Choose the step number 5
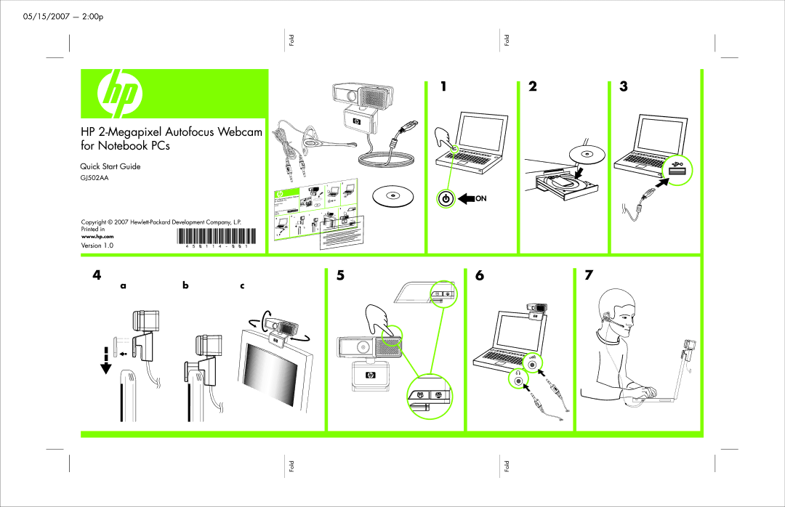339,275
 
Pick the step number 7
589,275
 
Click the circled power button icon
446,198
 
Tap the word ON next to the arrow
480,198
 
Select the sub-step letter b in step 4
185,285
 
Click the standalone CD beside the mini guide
391,195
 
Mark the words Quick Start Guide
110,166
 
